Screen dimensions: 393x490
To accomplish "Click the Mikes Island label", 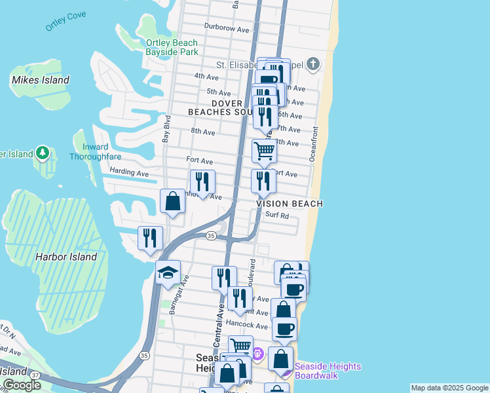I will click(x=40, y=80).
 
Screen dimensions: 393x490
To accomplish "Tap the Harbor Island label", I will click(x=66, y=257).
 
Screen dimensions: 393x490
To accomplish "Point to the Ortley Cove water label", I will click(x=66, y=22).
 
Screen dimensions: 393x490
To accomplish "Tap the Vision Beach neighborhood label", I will click(x=289, y=204).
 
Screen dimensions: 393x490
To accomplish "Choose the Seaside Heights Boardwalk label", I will click(x=328, y=371).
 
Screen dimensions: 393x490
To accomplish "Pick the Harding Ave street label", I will click(x=130, y=174).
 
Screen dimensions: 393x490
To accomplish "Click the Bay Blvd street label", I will click(x=166, y=130).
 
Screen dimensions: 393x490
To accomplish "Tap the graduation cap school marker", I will click(x=168, y=272).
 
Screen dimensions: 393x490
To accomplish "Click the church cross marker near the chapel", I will click(x=313, y=64).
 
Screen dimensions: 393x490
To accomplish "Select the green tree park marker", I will click(x=43, y=153).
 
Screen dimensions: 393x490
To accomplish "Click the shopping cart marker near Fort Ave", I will click(x=264, y=151).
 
